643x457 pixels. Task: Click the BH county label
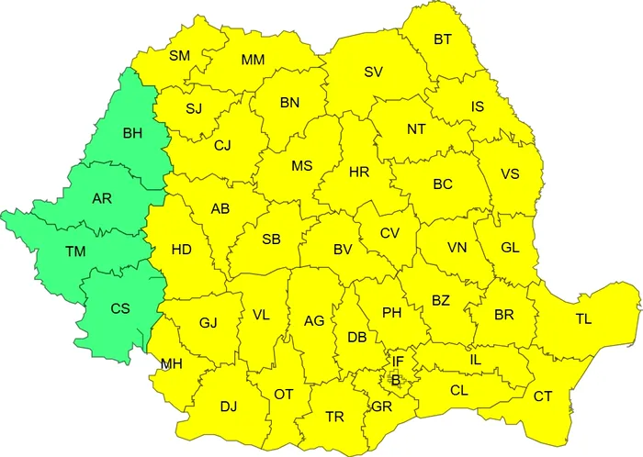tap(132, 134)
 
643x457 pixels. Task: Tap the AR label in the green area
tap(103, 198)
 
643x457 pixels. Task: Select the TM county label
tap(75, 251)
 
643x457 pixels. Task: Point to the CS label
tap(119, 309)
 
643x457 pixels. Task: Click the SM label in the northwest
tap(180, 57)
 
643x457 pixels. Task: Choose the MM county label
tap(254, 61)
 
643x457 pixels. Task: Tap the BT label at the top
tap(443, 39)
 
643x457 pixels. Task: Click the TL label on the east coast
tap(584, 319)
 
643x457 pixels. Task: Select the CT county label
tap(543, 396)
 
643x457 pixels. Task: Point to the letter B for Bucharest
tap(395, 379)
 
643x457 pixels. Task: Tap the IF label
tap(399, 362)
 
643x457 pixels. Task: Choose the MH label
tap(171, 364)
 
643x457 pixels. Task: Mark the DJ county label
tap(228, 406)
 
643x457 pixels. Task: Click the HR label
tap(359, 171)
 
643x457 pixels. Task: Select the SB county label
tap(271, 240)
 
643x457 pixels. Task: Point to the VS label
tap(510, 174)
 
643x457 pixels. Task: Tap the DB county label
tap(358, 338)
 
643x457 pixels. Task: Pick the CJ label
tap(223, 145)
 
